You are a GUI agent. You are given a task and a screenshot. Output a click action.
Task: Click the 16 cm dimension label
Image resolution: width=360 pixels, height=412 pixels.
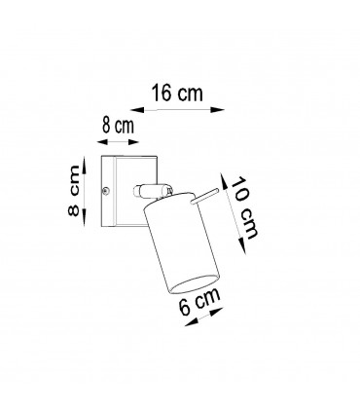click(177, 94)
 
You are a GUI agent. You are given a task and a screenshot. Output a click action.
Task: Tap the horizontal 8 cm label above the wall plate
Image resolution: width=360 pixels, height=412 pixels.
click(118, 126)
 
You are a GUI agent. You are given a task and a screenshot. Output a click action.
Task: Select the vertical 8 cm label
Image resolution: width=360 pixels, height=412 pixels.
click(74, 191)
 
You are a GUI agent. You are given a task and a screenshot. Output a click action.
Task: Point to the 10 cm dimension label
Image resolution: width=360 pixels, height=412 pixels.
click(244, 208)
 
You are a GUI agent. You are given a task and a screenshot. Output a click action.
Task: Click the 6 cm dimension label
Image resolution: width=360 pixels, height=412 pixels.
click(199, 302)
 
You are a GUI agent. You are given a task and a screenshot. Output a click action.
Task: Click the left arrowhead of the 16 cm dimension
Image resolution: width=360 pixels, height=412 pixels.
click(137, 110)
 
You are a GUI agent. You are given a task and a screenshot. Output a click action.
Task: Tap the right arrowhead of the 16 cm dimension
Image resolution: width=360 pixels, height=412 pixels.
click(217, 110)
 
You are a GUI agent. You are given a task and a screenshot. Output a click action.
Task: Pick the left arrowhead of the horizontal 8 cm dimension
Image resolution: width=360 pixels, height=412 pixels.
click(103, 142)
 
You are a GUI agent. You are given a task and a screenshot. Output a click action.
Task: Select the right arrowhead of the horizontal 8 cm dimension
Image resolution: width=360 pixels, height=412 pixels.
click(132, 141)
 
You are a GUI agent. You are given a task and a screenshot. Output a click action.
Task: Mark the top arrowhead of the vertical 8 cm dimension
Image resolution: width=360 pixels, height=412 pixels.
click(85, 165)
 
